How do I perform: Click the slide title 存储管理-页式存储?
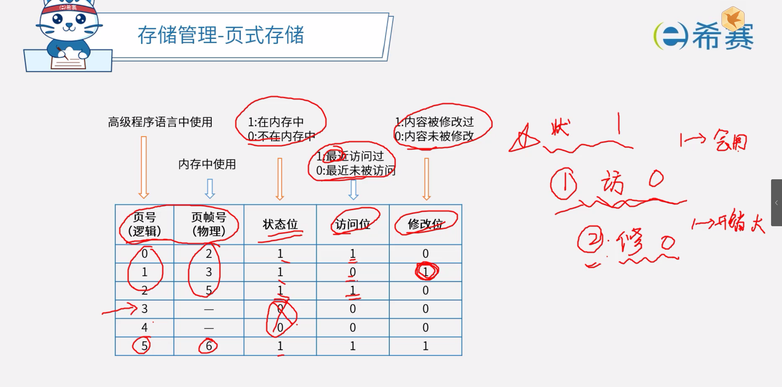tap(221, 35)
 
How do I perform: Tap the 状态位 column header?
tap(280, 224)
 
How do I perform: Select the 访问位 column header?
tap(352, 224)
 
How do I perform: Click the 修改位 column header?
tap(425, 224)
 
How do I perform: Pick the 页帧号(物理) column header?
tap(209, 224)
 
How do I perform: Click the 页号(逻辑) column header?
tap(144, 224)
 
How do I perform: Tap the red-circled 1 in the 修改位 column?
tap(426, 272)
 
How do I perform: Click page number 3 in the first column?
tap(144, 309)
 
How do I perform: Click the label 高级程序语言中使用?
tap(160, 122)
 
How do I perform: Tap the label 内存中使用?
tap(207, 164)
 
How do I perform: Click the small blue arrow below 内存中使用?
tap(210, 189)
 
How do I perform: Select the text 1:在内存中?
tap(276, 122)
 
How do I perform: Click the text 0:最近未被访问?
tap(355, 171)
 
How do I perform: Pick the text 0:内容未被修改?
tap(434, 136)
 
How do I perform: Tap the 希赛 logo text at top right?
tap(723, 37)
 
